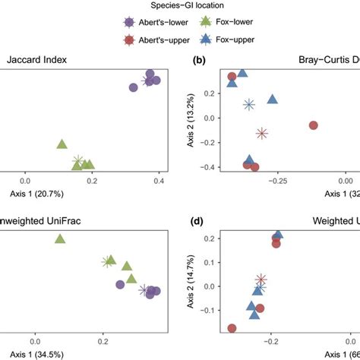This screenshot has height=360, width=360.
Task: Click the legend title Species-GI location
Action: [x=180, y=7]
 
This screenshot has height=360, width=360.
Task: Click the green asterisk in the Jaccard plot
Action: [x=78, y=161]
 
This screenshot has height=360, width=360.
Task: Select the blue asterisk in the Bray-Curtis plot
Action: [x=248, y=104]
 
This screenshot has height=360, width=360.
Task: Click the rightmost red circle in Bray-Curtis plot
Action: [x=313, y=125]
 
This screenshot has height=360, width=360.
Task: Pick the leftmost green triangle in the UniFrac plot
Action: [x=60, y=239]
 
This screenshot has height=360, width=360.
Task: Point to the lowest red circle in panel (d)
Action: [x=232, y=328]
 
